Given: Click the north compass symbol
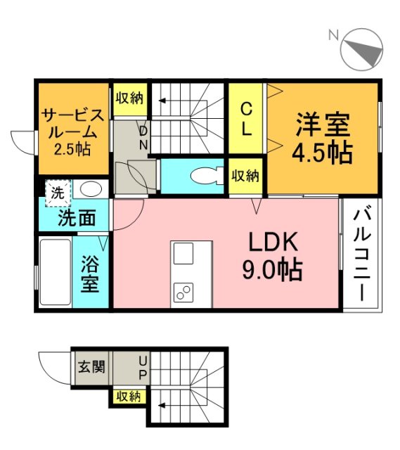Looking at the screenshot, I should (x=362, y=49).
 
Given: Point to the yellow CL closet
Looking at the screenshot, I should (x=246, y=120).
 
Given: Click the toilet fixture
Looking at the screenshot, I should (x=205, y=175).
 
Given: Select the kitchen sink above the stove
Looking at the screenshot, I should (x=183, y=253).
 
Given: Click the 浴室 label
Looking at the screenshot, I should (x=89, y=275).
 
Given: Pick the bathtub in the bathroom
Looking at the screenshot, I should (x=54, y=273).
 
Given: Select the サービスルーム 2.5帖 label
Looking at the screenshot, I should (x=73, y=131).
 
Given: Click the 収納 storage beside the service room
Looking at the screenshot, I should (x=130, y=98).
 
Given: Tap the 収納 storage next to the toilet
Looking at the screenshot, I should (x=245, y=176).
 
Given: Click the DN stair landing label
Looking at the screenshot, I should (x=143, y=138).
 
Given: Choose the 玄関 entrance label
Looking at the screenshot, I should (x=91, y=367).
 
